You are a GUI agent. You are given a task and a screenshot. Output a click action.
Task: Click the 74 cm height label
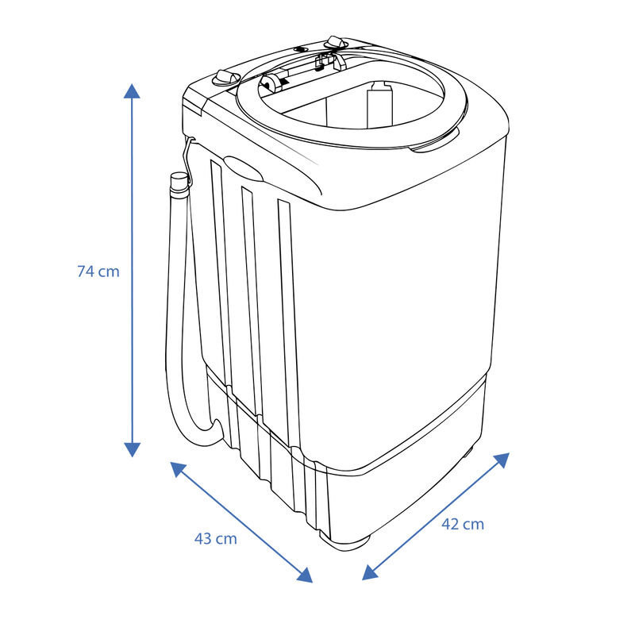[98, 271]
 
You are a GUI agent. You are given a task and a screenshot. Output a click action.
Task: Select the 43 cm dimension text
[216, 538]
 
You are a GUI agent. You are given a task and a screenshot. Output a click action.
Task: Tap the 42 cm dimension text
[462, 524]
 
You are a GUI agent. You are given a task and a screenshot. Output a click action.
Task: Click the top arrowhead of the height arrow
[133, 89]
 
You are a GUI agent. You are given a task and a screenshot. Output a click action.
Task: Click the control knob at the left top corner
[225, 78]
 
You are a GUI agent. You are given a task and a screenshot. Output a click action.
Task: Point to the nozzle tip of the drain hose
[179, 180]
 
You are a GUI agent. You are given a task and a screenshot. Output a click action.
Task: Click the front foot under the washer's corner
[345, 540]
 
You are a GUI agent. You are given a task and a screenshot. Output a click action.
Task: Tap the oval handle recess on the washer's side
[246, 167]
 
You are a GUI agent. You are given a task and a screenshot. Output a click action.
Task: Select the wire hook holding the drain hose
[189, 151]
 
